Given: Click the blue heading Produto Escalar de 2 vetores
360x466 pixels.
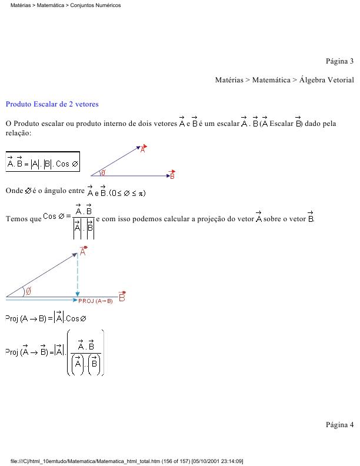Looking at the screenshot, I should click(52, 104).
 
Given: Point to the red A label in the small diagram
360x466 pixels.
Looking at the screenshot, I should click(143, 149).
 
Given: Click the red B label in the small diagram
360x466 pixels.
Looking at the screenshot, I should click(172, 175).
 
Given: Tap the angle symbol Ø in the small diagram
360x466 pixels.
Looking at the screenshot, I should click(104, 173).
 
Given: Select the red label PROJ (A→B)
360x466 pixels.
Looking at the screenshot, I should click(95, 300).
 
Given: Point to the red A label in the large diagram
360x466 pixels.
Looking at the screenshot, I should click(84, 251).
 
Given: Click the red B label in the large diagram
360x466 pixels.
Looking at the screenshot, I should click(122, 297).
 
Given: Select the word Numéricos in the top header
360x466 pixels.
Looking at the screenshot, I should click(108, 5).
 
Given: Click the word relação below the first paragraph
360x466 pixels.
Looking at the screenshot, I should click(17, 134).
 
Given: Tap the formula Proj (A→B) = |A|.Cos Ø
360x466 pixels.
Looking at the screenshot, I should click(45, 318).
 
